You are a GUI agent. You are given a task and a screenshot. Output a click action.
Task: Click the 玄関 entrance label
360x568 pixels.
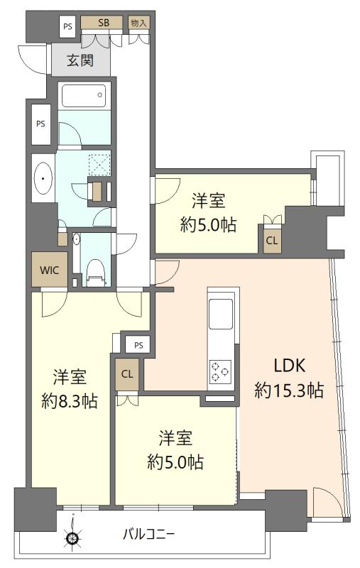point(80,61)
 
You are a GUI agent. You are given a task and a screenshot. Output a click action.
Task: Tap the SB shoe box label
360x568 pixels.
point(104,23)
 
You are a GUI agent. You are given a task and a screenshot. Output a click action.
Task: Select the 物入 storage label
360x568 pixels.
point(138,23)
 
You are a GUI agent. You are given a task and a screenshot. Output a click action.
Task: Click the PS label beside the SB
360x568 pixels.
point(68,27)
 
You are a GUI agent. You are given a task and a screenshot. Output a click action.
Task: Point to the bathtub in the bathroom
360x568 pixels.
point(84,95)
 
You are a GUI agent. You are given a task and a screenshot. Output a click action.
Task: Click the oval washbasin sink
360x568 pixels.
point(43,180)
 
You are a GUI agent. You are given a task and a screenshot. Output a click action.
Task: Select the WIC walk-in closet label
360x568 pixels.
point(49,270)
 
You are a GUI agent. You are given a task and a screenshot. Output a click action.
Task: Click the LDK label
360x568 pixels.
point(289,366)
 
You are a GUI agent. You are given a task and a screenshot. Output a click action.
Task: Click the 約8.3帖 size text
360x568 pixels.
point(70,400)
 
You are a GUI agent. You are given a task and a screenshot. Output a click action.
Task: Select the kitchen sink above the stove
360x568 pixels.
point(220,313)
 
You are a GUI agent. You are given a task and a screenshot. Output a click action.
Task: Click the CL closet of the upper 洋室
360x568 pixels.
point(271,240)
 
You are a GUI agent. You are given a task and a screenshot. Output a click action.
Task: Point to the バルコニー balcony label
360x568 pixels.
point(149,534)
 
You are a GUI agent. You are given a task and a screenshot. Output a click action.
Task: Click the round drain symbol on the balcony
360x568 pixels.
point(72,537)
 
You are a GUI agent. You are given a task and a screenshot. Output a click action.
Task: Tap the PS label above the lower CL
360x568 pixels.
point(139,345)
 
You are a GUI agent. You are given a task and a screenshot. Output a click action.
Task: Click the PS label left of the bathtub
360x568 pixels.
point(40,123)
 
